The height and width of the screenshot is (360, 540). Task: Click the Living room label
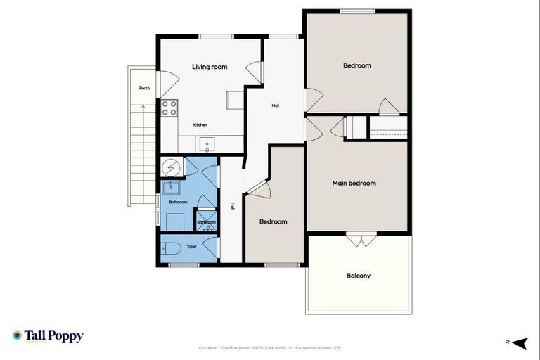(x=210, y=67)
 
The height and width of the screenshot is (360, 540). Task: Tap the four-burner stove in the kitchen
(x=169, y=108)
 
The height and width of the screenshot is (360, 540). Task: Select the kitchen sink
(x=207, y=145)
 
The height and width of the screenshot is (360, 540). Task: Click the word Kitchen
(x=200, y=125)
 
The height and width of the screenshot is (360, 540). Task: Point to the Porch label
(x=144, y=89)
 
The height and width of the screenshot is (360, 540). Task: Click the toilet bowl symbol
(x=169, y=247)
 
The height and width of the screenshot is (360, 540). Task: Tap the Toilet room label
(x=191, y=247)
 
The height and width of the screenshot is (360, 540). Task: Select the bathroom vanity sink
(x=170, y=187)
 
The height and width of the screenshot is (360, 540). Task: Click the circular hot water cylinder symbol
(x=170, y=167)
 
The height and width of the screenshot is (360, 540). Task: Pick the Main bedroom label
(x=354, y=184)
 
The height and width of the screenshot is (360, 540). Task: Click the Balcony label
(x=358, y=276)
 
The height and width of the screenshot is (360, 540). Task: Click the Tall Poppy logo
(x=48, y=336)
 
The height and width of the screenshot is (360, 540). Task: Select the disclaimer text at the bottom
(x=270, y=347)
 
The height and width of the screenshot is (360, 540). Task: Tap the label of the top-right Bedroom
(x=356, y=65)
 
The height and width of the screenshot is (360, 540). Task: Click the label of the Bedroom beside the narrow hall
(x=273, y=221)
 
